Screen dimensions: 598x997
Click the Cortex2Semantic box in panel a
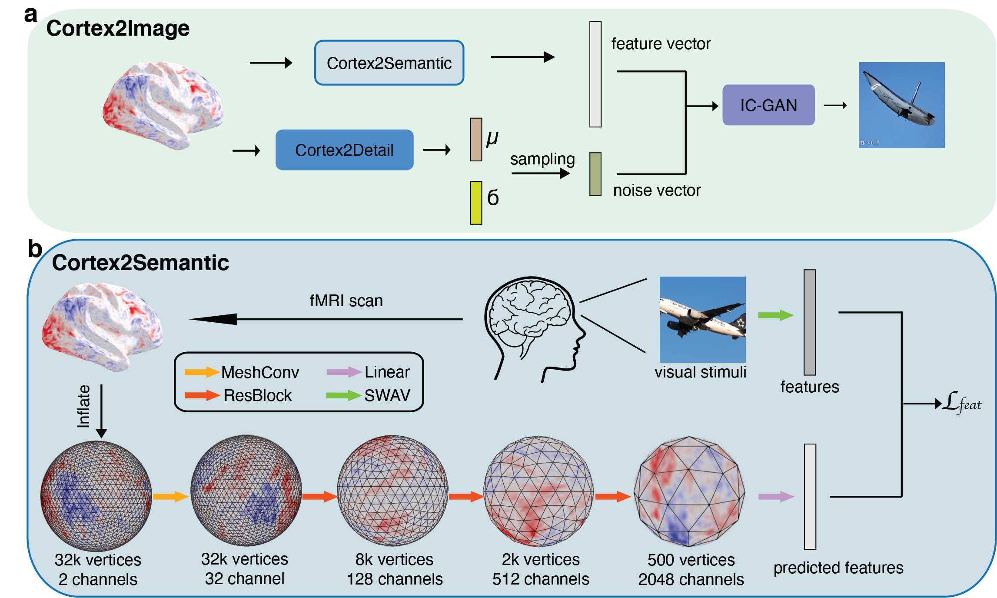click(x=389, y=63)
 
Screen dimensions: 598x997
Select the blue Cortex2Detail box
click(x=344, y=150)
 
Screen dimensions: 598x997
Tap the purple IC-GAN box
click(x=768, y=105)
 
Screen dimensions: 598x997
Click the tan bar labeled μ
click(x=476, y=140)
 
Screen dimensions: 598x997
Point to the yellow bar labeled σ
click(x=476, y=203)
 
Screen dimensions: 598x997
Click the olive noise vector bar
click(x=595, y=174)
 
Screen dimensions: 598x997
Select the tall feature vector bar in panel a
click(x=595, y=74)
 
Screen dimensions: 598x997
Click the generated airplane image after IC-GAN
click(x=901, y=105)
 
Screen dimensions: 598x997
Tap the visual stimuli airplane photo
click(x=702, y=320)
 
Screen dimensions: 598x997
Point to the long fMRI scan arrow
click(x=326, y=319)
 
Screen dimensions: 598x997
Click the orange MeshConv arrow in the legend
click(x=202, y=372)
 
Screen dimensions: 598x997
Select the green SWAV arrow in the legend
click(x=343, y=395)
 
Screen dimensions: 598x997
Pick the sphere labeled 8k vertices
click(x=392, y=491)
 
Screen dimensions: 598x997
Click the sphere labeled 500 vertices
click(x=689, y=491)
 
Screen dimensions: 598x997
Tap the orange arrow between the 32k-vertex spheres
click(x=170, y=497)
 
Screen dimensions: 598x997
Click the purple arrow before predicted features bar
click(x=776, y=497)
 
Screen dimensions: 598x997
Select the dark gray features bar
click(x=809, y=322)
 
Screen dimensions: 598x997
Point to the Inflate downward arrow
click(x=101, y=411)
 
